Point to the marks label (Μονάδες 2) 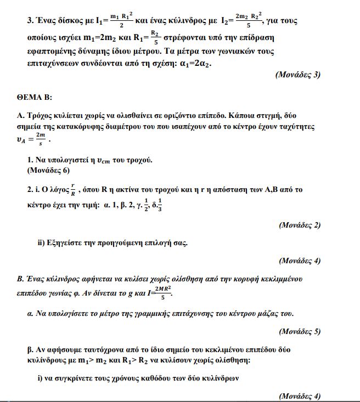tap(300, 225)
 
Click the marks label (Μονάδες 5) tap(300, 331)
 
